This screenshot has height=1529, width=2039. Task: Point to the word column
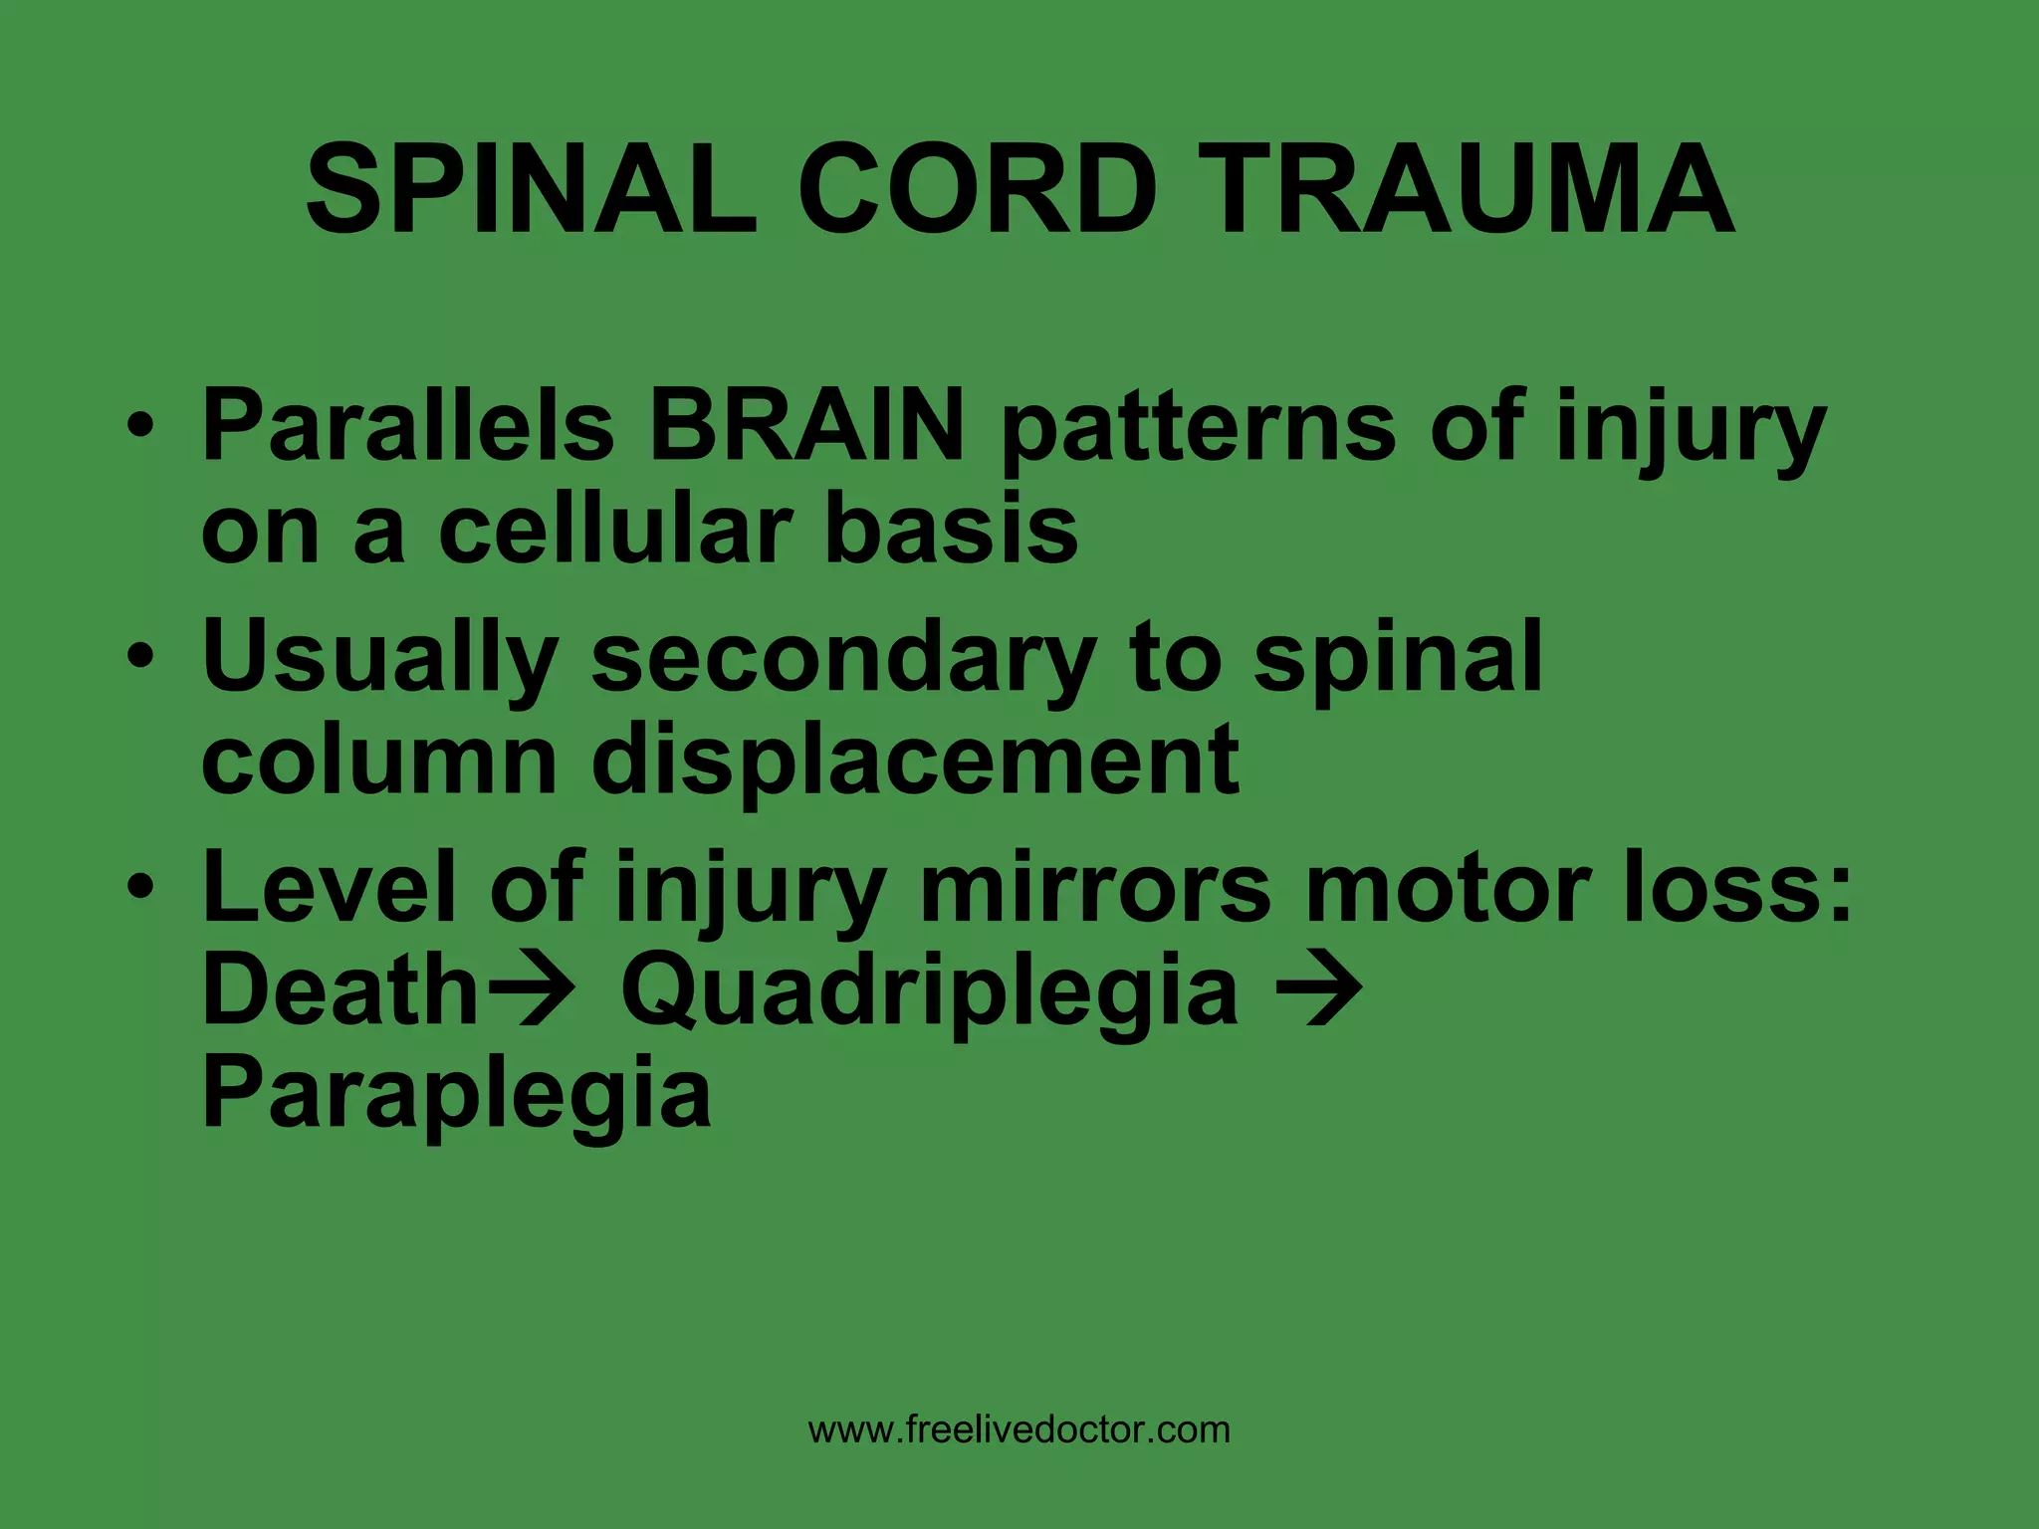tap(379, 761)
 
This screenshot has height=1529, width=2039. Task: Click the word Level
tap(328, 888)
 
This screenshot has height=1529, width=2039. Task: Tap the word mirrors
tap(1095, 888)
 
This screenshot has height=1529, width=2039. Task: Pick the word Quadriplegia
tap(930, 993)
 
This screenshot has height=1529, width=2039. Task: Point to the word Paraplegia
tap(456, 1097)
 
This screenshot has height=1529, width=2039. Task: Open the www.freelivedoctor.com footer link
tap(1019, 1430)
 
